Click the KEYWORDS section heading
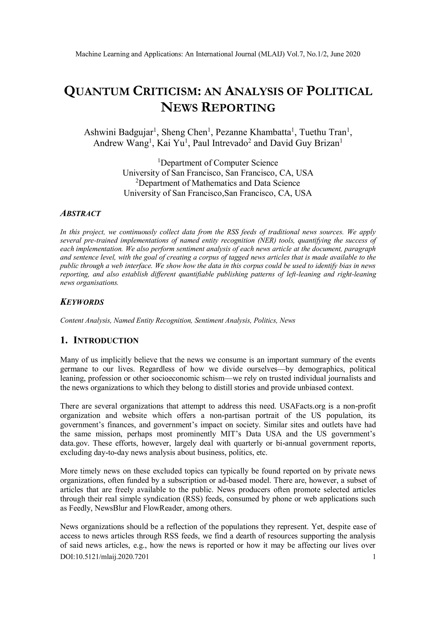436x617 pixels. (x=82, y=302)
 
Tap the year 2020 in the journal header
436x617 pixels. (x=353, y=54)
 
